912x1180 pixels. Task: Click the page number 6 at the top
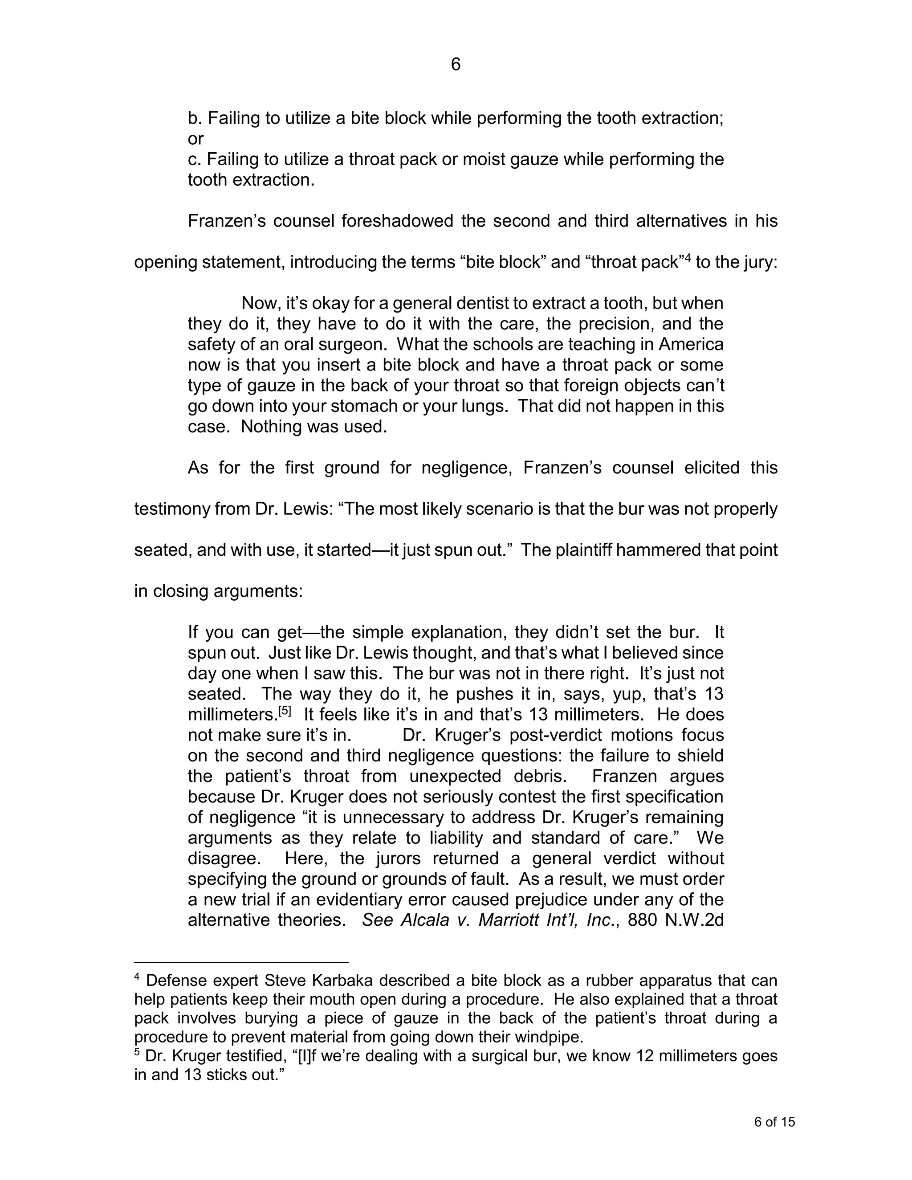click(x=456, y=65)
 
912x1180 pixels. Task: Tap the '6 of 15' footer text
click(x=774, y=1122)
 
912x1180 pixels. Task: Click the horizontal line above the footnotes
click(x=241, y=962)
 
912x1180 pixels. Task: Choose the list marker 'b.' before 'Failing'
click(x=195, y=118)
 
